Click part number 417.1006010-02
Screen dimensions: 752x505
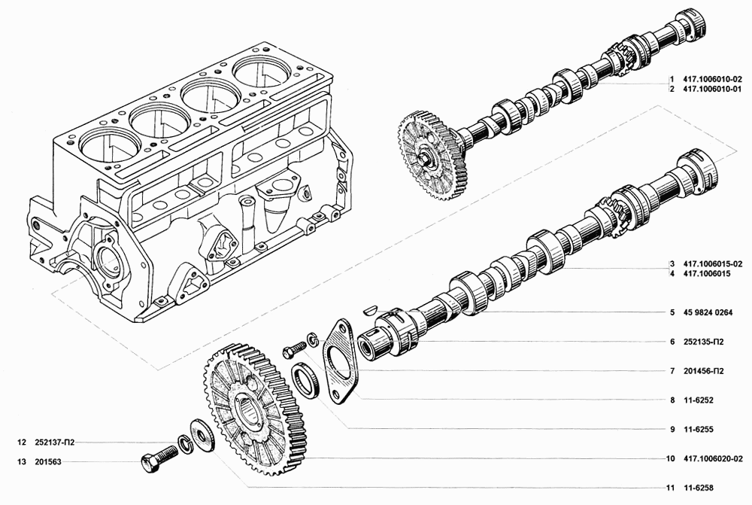pos(713,79)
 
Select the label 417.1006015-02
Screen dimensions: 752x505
pos(713,264)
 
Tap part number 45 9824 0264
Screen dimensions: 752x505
pos(708,312)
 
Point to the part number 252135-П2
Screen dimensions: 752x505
pos(704,342)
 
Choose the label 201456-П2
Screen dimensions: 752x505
pos(704,371)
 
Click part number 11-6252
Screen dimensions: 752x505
pos(699,400)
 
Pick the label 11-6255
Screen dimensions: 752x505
pos(699,430)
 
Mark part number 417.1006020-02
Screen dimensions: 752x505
pos(713,459)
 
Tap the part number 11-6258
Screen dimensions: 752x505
pos(699,488)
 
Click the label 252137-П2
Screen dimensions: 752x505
pos(55,443)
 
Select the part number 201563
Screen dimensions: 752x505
pos(48,462)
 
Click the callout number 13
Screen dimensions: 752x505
pos(21,462)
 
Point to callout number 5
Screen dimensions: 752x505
pos(672,312)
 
